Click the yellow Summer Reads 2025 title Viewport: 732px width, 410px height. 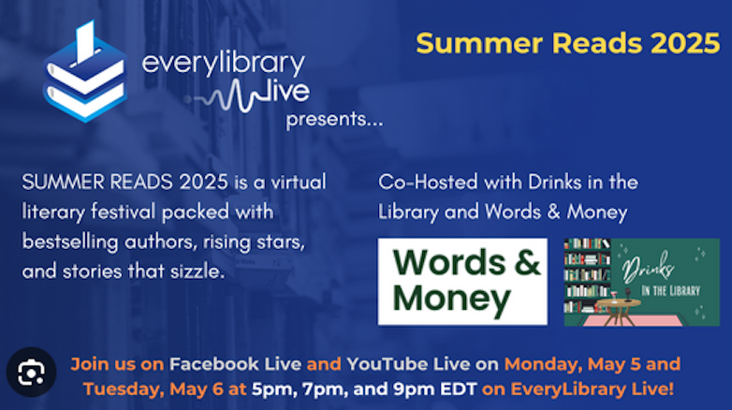tap(567, 43)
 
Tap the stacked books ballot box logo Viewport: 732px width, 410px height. tap(85, 71)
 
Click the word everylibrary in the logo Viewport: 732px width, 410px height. tap(224, 64)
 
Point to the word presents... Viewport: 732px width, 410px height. tap(334, 120)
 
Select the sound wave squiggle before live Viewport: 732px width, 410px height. tap(227, 95)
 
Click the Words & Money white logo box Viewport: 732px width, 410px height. tap(462, 282)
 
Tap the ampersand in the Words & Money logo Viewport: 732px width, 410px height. tap(528, 262)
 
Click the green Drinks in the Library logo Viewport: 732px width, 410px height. tap(642, 282)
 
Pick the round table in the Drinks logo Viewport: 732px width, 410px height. tap(619, 309)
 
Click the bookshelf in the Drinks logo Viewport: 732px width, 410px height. tap(587, 275)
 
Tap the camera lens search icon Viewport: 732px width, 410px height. tap(31, 373)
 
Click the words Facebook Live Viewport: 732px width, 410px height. tap(235, 364)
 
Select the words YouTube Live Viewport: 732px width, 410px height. tap(408, 364)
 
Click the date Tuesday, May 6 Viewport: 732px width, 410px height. tap(154, 389)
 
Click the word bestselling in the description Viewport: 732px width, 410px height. tap(70, 242)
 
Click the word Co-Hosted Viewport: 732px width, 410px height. tap(428, 182)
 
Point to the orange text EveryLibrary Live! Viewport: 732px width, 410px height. tap(592, 389)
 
